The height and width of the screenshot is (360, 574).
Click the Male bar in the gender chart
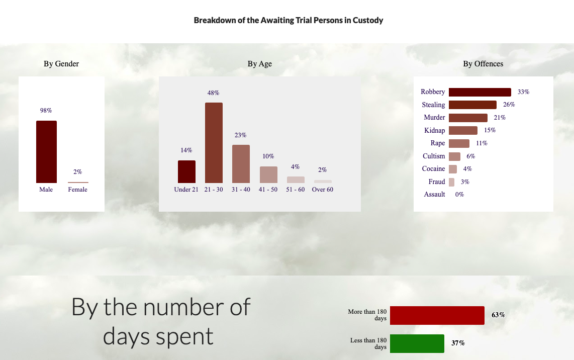(46, 152)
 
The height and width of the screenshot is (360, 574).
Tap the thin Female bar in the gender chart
(78, 182)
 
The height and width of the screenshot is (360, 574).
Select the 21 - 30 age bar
(214, 142)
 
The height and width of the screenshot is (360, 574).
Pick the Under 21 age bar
(186, 171)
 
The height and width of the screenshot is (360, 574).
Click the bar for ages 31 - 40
(241, 164)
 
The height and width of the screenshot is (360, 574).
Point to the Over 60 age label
(323, 190)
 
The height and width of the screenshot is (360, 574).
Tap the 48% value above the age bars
(214, 93)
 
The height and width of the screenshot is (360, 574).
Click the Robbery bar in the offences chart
(480, 92)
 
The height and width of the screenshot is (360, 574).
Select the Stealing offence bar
(472, 105)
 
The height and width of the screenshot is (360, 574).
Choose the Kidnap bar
(463, 130)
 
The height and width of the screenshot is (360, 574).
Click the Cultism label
(434, 156)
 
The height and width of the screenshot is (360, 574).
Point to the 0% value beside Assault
(460, 195)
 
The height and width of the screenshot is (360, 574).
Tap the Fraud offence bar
(452, 182)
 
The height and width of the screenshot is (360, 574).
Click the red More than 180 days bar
(437, 315)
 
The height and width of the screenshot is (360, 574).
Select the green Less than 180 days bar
(417, 343)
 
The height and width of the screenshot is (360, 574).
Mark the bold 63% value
(498, 315)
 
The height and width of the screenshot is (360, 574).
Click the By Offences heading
(483, 64)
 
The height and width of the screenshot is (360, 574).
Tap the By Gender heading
(61, 64)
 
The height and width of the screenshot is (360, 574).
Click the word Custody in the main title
(368, 21)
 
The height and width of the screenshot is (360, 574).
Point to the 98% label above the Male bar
(46, 111)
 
